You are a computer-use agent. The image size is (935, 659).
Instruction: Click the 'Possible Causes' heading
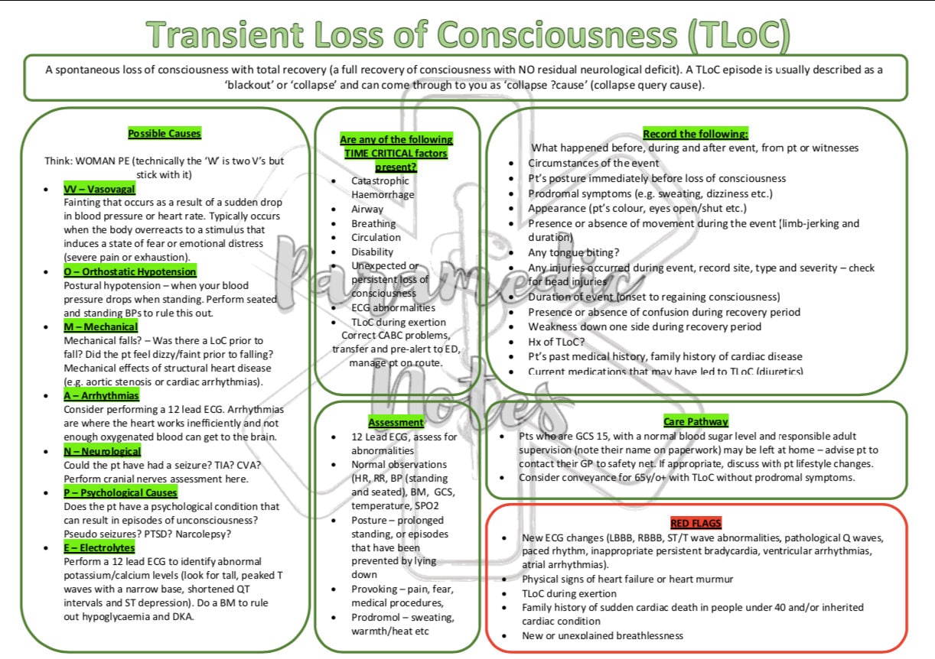(x=165, y=134)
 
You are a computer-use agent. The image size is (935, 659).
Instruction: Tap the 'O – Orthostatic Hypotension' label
(x=130, y=271)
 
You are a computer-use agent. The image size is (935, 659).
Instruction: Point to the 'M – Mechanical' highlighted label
(x=101, y=326)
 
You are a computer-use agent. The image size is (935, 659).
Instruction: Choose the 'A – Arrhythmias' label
(x=102, y=395)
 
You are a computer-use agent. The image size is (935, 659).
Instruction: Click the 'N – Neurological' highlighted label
(x=103, y=451)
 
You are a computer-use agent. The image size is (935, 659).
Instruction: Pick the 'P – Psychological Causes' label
(x=120, y=492)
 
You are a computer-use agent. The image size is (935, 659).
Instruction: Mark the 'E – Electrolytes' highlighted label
(x=99, y=547)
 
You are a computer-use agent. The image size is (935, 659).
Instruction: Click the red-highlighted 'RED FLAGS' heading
(x=696, y=523)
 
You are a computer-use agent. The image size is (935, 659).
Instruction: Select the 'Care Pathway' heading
(x=696, y=421)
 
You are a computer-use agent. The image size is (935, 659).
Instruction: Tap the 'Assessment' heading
(x=396, y=422)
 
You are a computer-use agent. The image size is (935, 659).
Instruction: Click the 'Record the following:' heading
(x=695, y=134)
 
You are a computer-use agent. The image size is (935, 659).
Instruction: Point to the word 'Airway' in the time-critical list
(x=367, y=209)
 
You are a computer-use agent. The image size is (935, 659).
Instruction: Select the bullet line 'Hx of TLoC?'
(x=556, y=341)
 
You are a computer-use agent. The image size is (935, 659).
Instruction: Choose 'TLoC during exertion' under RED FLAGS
(x=569, y=593)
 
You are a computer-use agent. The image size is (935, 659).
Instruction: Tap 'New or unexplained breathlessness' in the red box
(x=602, y=635)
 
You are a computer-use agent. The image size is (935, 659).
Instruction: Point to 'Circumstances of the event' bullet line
(x=593, y=163)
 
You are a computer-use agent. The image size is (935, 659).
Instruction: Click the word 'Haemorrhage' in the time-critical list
(x=383, y=195)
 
